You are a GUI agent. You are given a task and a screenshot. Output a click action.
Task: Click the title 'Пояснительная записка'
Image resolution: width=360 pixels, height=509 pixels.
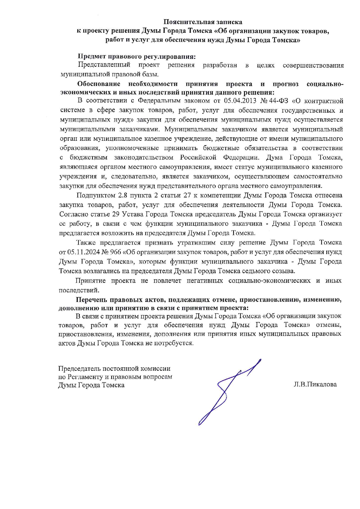tap(203, 22)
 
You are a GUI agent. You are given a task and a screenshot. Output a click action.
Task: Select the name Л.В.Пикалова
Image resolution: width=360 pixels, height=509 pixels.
tap(315, 384)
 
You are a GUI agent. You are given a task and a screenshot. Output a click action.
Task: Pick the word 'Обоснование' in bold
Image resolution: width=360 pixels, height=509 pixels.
tap(99, 84)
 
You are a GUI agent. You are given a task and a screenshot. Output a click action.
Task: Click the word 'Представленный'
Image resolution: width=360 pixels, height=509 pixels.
tap(104, 65)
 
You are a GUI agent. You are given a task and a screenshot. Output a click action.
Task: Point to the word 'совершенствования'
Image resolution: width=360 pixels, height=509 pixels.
tap(313, 65)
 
